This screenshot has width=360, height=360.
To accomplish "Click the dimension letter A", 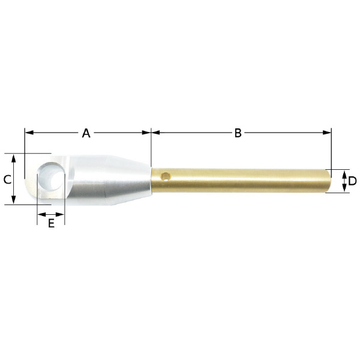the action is (86, 133).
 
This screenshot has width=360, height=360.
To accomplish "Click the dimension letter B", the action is (238, 133).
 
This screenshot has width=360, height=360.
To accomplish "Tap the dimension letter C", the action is (7, 179).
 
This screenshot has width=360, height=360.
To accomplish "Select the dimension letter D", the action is (352, 181).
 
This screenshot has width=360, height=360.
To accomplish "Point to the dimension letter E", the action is (51, 223).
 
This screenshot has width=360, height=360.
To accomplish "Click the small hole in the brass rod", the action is (166, 176).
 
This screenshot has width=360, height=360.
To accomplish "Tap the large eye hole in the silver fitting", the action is (51, 176).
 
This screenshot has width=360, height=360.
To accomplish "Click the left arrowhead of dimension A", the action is (29, 133).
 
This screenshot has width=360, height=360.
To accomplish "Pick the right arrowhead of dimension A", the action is (146, 133).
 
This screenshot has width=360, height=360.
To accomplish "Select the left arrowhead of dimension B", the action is (155, 133).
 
